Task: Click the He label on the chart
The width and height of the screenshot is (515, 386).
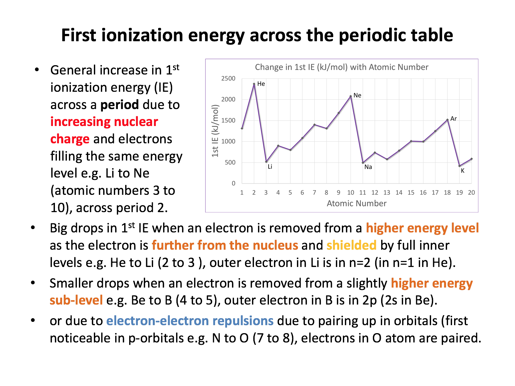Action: (x=261, y=84)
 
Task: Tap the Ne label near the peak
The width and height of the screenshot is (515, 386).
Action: (x=357, y=95)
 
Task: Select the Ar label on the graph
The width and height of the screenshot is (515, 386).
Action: (x=453, y=119)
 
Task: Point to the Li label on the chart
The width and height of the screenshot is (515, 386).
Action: (x=270, y=167)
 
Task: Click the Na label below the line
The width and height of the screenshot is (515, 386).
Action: (x=368, y=167)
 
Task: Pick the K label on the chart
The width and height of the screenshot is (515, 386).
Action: (x=462, y=171)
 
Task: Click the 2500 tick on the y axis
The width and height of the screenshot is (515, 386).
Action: (x=228, y=78)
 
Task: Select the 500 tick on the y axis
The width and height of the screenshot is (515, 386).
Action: (x=230, y=163)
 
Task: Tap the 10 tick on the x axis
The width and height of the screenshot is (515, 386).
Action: (x=351, y=193)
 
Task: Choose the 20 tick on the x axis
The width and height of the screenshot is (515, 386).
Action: (x=471, y=193)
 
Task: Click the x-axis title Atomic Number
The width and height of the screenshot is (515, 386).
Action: (x=357, y=203)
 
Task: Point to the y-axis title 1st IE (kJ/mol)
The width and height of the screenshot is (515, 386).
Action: (x=215, y=131)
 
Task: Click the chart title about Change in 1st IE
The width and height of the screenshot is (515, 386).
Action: (x=342, y=67)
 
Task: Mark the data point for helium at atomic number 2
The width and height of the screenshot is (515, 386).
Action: (x=254, y=84)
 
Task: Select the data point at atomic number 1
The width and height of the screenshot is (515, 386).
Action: (x=242, y=128)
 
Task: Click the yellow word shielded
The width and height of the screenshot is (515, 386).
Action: (x=351, y=245)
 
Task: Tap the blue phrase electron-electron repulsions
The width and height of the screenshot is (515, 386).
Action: (x=190, y=321)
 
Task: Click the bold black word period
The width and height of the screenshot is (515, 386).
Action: (x=120, y=105)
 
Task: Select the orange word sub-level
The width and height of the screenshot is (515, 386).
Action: (x=76, y=300)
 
